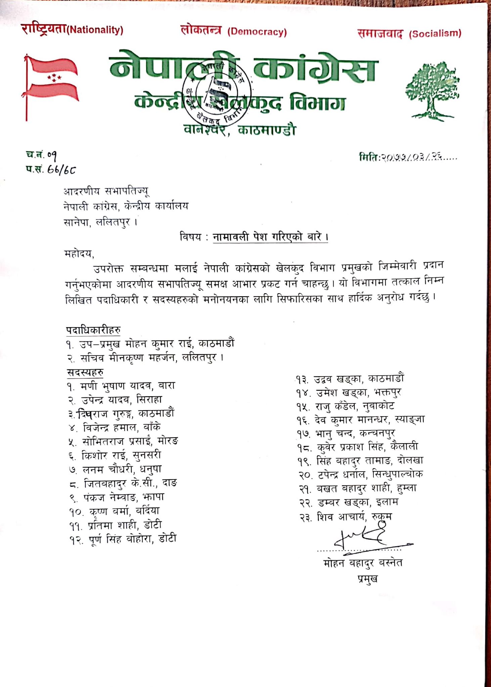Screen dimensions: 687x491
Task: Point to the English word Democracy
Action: tap(257, 32)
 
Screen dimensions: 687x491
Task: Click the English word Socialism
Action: tap(435, 34)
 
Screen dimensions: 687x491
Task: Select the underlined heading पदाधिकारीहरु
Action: tap(93, 330)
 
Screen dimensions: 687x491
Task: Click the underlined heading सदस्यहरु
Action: tap(85, 372)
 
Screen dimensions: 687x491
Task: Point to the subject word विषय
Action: tap(190, 237)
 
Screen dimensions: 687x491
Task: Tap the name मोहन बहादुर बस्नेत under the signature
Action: tap(363, 563)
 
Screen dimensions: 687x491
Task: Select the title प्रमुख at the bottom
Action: tap(368, 578)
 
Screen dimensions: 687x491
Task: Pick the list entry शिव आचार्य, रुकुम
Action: tap(346, 517)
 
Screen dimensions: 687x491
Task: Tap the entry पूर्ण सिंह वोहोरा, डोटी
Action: tap(123, 539)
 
